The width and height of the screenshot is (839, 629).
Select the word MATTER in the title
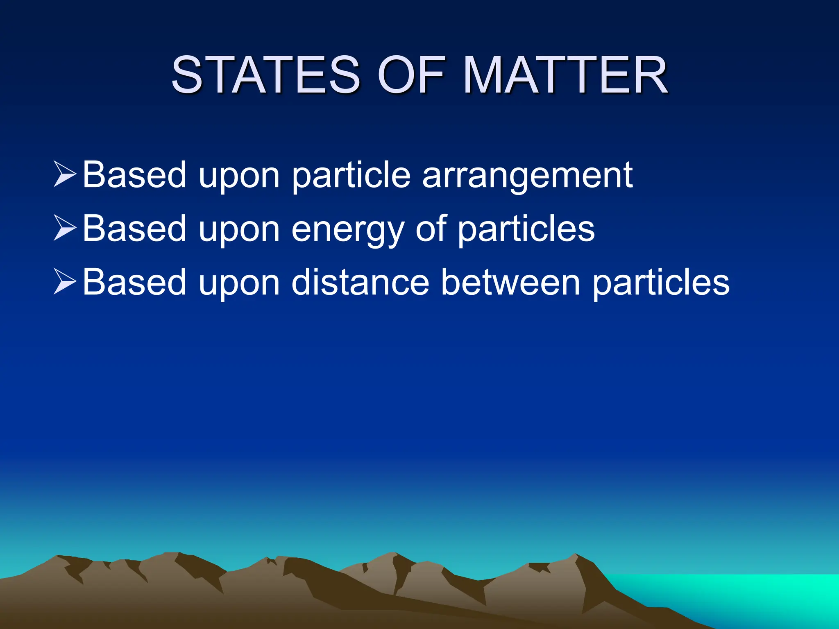[566, 75]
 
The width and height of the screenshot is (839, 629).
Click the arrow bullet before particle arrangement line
[65, 174]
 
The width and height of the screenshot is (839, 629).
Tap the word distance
[361, 283]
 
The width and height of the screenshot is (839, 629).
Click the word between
[510, 283]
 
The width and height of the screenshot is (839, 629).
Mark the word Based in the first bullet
[134, 175]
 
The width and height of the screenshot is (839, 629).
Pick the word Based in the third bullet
[134, 283]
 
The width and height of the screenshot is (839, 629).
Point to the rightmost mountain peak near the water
[576, 556]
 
